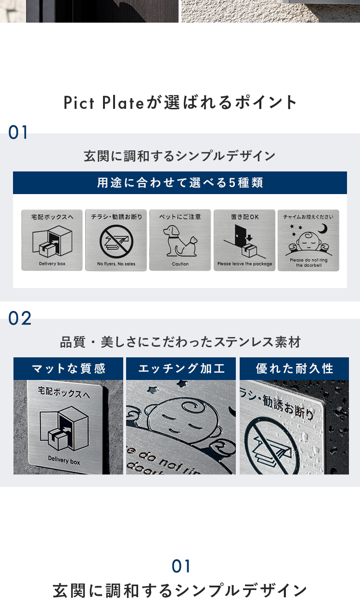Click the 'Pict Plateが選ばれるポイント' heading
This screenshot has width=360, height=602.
[x=180, y=103]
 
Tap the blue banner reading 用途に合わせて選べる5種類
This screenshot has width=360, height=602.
[x=180, y=183]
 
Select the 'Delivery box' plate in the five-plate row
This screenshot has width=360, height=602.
[x=52, y=240]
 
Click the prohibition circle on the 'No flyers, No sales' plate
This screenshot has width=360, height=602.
[x=116, y=241]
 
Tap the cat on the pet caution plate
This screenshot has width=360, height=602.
[x=188, y=246]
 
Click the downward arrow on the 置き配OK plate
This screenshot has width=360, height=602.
[x=250, y=237]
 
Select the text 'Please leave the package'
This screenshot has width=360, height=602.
[x=245, y=264]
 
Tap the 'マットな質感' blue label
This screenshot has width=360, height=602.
[x=68, y=368]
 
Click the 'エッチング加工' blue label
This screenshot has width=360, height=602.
[x=181, y=368]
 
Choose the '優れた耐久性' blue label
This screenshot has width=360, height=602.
[x=294, y=368]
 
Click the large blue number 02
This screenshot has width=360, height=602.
[x=20, y=318]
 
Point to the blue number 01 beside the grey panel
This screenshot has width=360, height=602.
[x=18, y=132]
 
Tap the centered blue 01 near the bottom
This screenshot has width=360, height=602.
[x=181, y=566]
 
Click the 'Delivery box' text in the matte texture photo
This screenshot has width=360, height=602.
[x=64, y=460]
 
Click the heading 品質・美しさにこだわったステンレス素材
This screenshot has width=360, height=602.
[x=180, y=342]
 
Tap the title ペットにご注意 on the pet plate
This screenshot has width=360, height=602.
[x=180, y=217]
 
